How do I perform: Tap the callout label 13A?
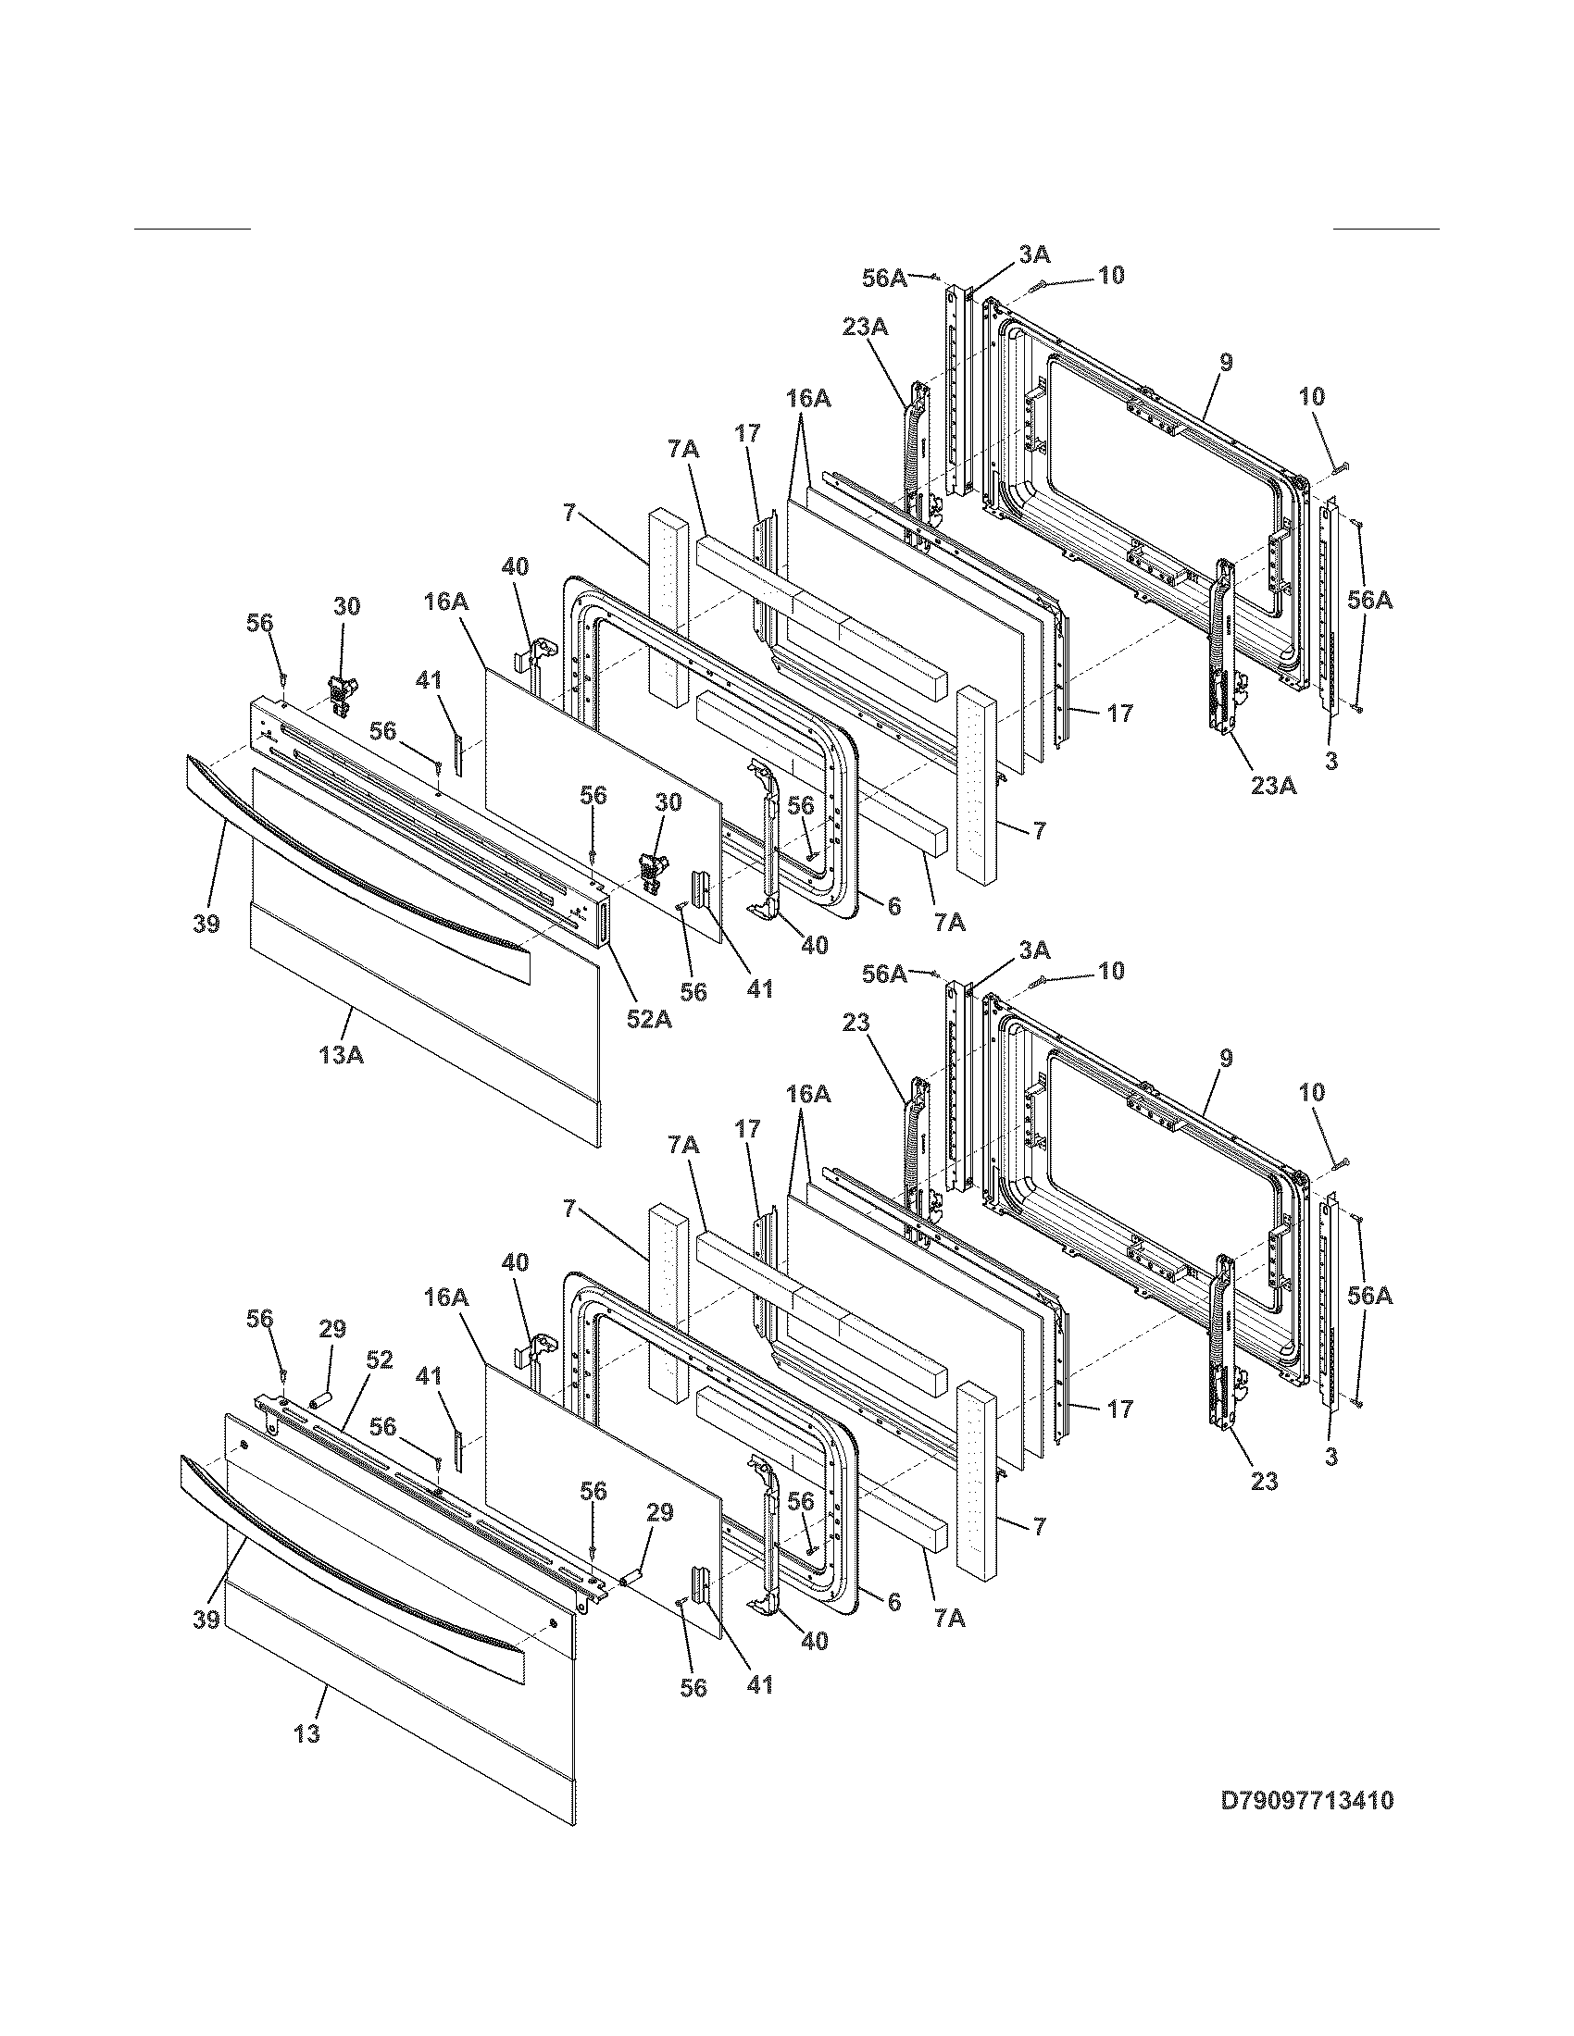point(341,1054)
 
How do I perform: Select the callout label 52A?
point(648,1019)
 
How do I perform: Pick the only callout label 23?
point(856,1023)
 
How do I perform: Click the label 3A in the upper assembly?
point(1033,254)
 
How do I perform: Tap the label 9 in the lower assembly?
point(1225,1058)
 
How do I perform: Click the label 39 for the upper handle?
point(206,923)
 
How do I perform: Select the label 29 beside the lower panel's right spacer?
point(659,1512)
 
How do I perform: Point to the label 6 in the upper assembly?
point(893,905)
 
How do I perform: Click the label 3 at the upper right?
point(1331,761)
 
